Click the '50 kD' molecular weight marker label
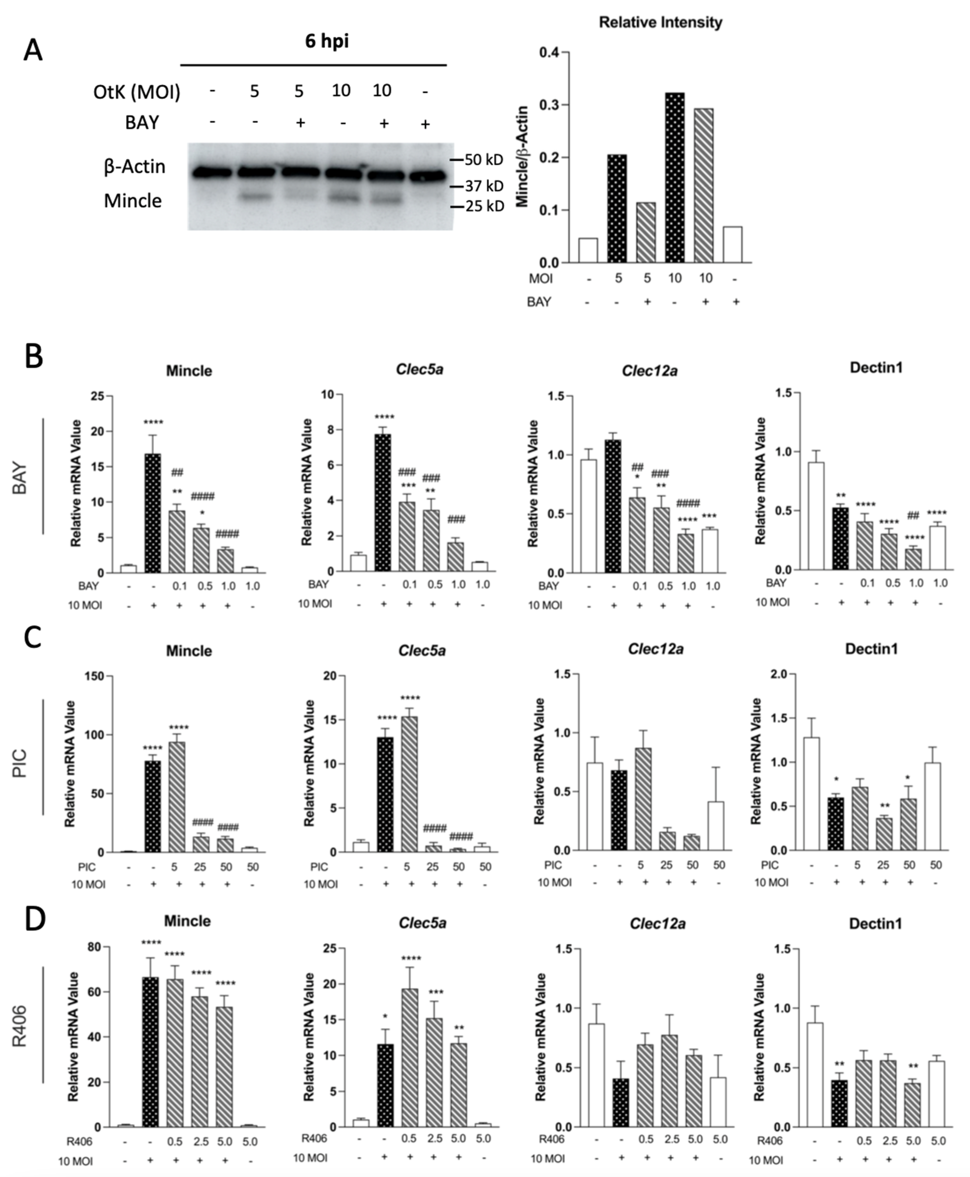click(x=484, y=160)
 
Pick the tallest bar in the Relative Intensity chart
click(x=674, y=178)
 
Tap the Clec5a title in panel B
click(x=419, y=369)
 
